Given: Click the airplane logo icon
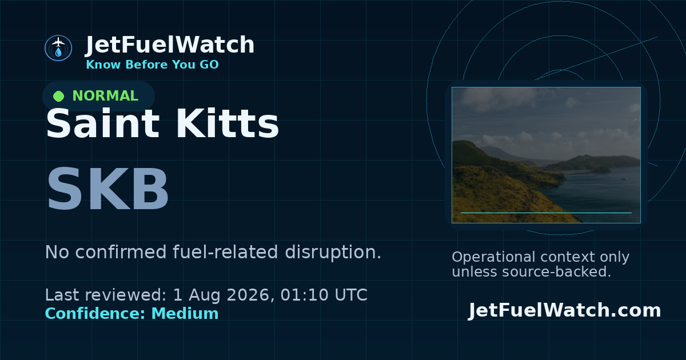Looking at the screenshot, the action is click(x=58, y=48).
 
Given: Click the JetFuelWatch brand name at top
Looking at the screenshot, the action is click(x=170, y=45).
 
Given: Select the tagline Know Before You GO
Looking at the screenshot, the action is click(x=152, y=65).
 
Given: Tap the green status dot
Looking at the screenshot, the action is click(x=58, y=96).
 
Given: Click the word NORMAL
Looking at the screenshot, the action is click(x=105, y=96).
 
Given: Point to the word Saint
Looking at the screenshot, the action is click(x=102, y=123).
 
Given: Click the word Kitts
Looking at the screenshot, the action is click(x=227, y=123).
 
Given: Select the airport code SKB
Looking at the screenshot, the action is click(x=107, y=188).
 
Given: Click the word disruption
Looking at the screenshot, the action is click(x=333, y=252).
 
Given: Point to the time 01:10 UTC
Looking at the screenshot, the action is click(x=324, y=295).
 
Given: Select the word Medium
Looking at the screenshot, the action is click(x=185, y=314).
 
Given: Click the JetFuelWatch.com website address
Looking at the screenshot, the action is click(x=564, y=310).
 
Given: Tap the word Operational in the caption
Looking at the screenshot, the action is click(x=493, y=257).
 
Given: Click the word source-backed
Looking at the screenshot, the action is click(x=556, y=272).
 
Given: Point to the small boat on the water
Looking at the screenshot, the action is click(x=624, y=179).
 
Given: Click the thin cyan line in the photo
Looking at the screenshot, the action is click(x=546, y=213).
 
